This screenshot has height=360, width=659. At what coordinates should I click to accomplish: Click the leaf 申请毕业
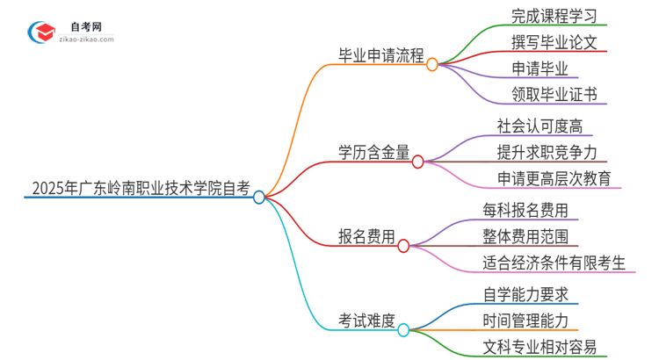click(540, 68)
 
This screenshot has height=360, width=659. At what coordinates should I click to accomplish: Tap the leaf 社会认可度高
click(539, 126)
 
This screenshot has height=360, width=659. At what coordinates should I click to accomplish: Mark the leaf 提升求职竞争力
click(546, 152)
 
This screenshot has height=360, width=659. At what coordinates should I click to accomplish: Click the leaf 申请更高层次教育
click(553, 178)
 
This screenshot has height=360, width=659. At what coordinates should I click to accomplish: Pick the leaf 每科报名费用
click(525, 211)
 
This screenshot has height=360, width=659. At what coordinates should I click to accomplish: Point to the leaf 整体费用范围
click(525, 236)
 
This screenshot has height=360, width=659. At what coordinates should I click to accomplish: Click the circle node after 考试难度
click(403, 330)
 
